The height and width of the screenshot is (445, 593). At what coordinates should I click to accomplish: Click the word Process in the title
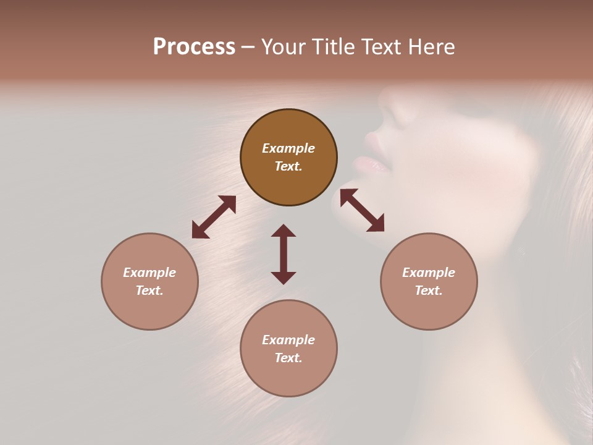pos(194,47)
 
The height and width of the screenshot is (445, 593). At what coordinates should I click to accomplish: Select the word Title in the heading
pos(331,47)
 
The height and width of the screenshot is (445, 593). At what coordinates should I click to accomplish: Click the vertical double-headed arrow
pos(284,254)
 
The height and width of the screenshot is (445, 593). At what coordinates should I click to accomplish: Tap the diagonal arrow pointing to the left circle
pos(214,217)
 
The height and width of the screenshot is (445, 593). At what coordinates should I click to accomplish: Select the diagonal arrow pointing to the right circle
pos(362,210)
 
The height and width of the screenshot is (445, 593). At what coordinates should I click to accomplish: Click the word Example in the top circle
pos(288,148)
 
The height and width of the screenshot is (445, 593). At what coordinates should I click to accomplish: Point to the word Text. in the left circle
pos(149,290)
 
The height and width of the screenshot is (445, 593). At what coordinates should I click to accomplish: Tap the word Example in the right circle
pos(429,273)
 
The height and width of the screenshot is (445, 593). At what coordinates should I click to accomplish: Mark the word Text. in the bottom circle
pos(288,358)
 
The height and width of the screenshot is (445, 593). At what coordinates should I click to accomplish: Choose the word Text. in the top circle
pos(288,166)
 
